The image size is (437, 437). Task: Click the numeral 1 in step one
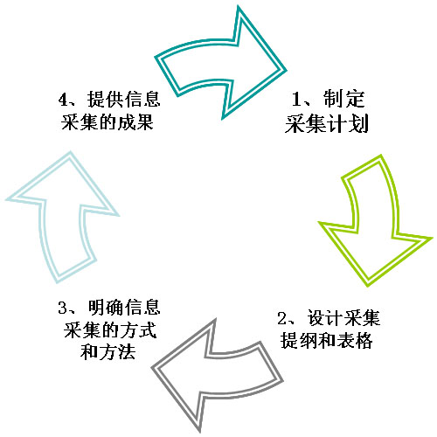click(x=296, y=99)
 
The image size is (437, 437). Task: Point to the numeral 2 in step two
click(x=282, y=318)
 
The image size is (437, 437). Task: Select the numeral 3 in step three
click(x=63, y=308)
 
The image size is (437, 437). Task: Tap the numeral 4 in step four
click(x=63, y=99)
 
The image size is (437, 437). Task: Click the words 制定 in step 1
click(x=344, y=99)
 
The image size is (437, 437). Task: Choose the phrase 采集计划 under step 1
click(x=327, y=123)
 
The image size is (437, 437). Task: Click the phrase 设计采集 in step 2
click(x=343, y=318)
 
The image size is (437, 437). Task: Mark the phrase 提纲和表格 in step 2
click(x=327, y=340)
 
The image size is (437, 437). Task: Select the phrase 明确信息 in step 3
click(x=124, y=307)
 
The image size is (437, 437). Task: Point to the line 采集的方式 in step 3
click(x=110, y=329)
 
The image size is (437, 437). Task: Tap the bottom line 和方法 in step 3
click(x=108, y=352)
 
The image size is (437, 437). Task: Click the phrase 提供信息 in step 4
click(x=124, y=99)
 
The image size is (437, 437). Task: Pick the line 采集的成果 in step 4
click(x=108, y=121)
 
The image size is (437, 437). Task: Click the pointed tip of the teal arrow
click(x=287, y=70)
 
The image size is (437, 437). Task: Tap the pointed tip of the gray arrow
click(x=151, y=368)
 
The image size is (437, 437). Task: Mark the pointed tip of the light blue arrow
click(x=71, y=151)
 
